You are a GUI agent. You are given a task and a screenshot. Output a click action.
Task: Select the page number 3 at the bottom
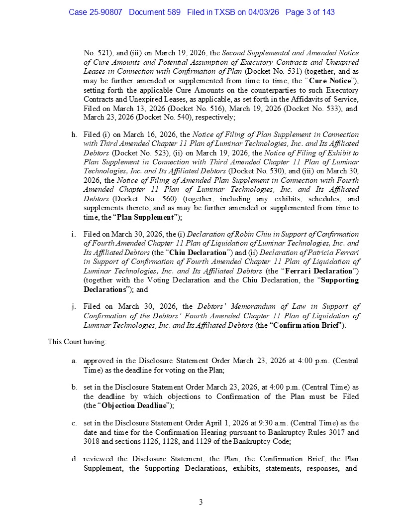[201, 502]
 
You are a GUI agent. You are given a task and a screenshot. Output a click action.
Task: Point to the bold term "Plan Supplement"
[145, 217]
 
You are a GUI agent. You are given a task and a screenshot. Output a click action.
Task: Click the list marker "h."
[75, 134]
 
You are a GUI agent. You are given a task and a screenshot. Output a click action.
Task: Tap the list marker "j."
[74, 307]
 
